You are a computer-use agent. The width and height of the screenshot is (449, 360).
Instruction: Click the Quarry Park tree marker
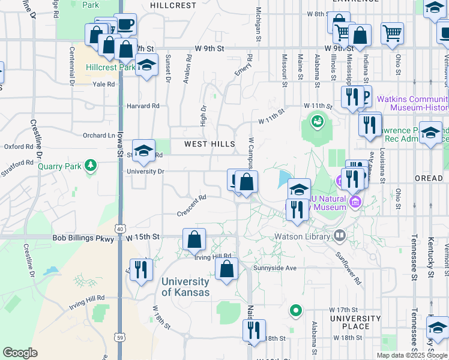91,164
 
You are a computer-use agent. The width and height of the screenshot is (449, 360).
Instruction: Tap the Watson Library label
303,236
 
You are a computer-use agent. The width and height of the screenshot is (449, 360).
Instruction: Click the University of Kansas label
185,287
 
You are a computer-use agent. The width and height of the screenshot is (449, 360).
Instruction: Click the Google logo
20,352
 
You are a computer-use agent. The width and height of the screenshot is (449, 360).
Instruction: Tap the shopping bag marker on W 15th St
194,240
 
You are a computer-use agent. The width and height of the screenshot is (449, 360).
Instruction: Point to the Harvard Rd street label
143,106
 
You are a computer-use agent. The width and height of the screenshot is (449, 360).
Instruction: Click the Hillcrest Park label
110,67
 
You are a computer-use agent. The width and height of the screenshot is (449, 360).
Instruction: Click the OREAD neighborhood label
429,179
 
